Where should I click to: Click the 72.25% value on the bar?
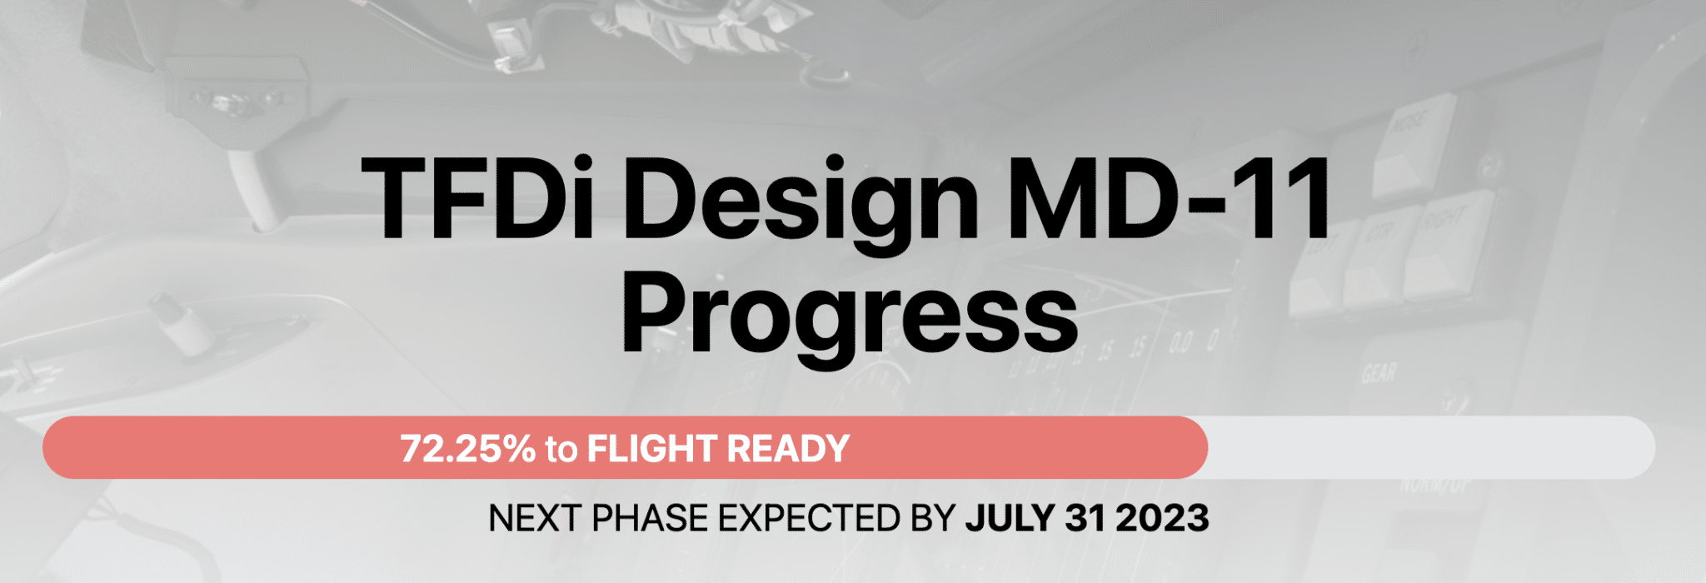(468, 449)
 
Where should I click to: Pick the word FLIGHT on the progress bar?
(653, 449)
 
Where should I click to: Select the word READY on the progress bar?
(788, 449)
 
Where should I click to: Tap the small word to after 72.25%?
(561, 451)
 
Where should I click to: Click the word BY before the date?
(933, 518)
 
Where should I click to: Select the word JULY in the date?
(1010, 518)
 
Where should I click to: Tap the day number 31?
(1085, 518)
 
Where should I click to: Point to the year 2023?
(1162, 518)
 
